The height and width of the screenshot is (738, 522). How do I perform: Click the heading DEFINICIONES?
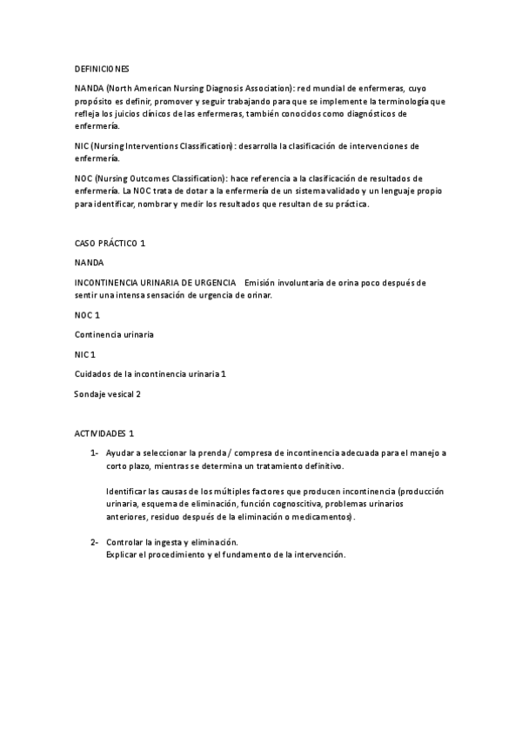coord(102,68)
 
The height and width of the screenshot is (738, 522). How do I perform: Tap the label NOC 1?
coord(88,314)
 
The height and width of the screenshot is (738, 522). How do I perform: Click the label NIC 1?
coord(85,354)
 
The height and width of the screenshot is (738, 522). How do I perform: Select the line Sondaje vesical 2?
coord(107,394)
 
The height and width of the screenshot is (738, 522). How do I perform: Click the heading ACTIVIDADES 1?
coord(104,433)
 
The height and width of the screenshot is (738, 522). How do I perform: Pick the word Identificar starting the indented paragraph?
coord(127,492)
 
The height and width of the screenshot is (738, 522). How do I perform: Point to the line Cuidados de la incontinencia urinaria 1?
coord(151,374)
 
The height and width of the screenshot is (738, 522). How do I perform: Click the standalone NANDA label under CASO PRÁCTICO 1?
coord(90,262)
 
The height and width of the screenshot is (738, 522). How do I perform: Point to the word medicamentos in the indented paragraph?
coord(321,517)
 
